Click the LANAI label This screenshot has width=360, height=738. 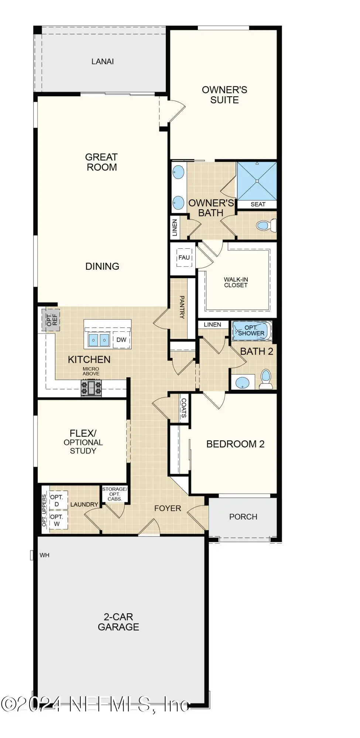[103, 62]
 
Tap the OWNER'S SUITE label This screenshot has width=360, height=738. [224, 95]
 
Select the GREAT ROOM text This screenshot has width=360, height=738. [102, 162]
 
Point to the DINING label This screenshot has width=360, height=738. [102, 266]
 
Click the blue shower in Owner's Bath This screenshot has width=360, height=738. [257, 181]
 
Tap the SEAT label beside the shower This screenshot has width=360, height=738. [258, 204]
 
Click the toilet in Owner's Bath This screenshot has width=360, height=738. [266, 225]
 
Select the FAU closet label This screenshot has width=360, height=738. [184, 258]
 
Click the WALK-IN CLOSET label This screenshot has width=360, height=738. [236, 282]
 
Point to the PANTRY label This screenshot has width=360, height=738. [182, 307]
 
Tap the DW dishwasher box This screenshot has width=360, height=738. [121, 340]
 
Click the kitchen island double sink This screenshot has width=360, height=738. [99, 340]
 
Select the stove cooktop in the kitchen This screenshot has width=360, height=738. [91, 388]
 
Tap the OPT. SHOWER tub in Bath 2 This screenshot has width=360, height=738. [251, 331]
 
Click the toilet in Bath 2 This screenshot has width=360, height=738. [266, 379]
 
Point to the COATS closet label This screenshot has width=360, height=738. [184, 408]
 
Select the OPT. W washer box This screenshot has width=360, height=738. [56, 520]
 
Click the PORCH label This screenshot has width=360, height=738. [243, 517]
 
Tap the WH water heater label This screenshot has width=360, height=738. [45, 555]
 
